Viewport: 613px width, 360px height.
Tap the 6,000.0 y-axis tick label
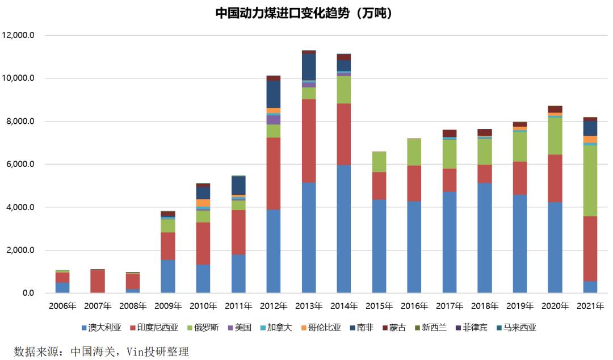tap(20, 165)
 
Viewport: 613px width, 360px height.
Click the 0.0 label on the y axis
tap(28, 294)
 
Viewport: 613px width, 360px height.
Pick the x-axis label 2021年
tap(590, 306)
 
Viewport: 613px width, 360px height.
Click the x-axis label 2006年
tap(62, 306)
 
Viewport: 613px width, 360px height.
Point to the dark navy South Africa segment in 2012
tap(274, 94)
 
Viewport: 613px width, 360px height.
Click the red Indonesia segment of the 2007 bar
tap(98, 282)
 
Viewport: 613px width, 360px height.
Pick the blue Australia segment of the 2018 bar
tap(485, 238)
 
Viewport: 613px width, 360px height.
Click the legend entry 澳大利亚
tap(102, 328)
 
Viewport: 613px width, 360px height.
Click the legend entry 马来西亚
tap(516, 328)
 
